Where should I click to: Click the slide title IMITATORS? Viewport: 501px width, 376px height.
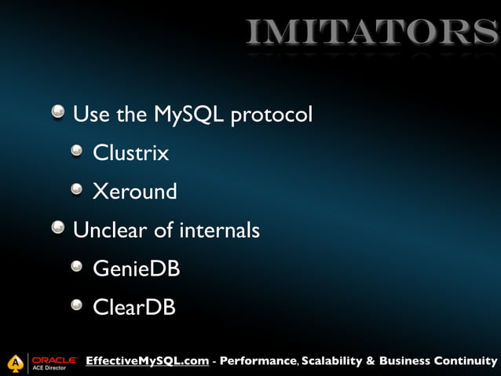tap(372, 32)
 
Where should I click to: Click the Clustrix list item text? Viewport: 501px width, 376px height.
tap(130, 153)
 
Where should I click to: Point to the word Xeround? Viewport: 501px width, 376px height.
tap(134, 192)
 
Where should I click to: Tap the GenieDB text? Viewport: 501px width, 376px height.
tap(136, 268)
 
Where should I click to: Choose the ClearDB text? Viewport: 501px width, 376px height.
tap(133, 307)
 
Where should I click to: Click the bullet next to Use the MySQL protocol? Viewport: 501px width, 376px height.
tap(59, 114)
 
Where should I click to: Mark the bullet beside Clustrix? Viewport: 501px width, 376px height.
tap(77, 152)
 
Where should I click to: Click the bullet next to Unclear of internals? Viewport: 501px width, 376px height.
tap(59, 229)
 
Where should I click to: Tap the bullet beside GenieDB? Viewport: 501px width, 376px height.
tap(77, 268)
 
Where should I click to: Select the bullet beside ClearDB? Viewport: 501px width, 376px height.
tap(77, 306)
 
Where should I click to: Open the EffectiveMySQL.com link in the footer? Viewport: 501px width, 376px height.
tap(147, 361)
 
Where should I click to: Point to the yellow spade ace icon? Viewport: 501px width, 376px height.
tap(15, 363)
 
